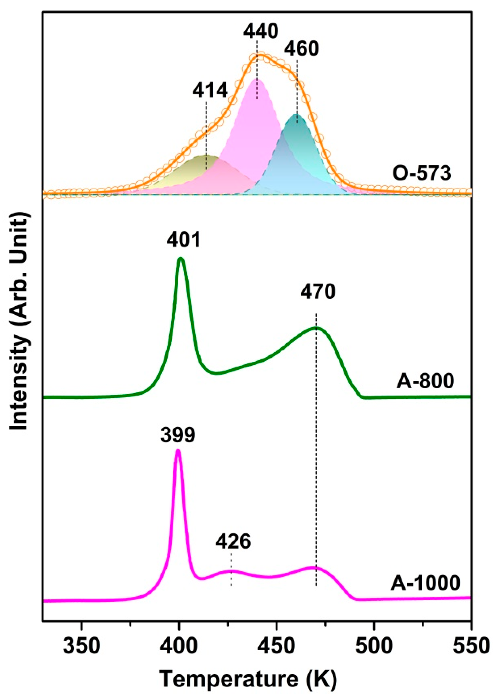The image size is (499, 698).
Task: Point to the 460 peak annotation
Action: pyautogui.click(x=301, y=49)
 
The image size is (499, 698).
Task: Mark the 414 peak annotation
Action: pyautogui.click(x=210, y=91)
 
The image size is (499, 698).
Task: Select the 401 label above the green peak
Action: pyautogui.click(x=184, y=240)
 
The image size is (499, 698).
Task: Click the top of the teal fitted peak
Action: pyautogui.click(x=296, y=114)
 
